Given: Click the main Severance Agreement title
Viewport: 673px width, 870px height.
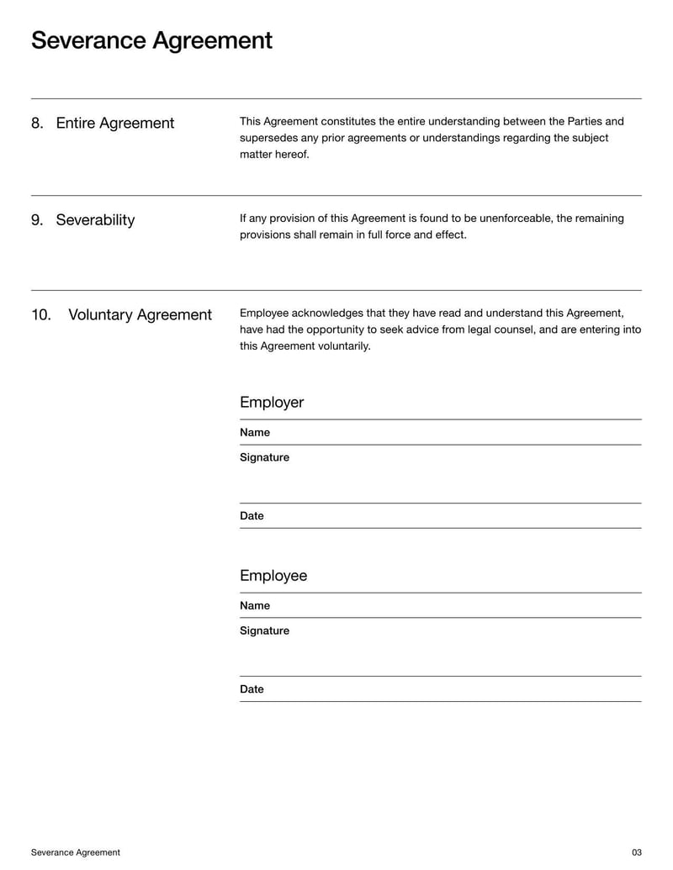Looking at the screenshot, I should [151, 40].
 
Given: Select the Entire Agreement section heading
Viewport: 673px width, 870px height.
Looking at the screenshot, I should [114, 124].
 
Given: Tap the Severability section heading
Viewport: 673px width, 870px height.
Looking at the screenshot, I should [95, 220].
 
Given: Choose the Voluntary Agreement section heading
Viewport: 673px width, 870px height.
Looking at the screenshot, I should [140, 315].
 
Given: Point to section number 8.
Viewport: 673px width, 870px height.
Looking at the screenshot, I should [37, 124].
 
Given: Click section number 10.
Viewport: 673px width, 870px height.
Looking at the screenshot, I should [41, 315].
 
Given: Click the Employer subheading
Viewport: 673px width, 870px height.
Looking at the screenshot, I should [272, 403].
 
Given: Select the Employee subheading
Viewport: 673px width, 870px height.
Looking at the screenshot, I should [273, 576].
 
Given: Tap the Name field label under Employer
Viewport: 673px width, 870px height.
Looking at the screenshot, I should [255, 433].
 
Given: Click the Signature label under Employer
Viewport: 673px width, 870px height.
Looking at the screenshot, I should [264, 458].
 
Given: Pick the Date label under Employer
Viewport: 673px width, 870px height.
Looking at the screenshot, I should [252, 516].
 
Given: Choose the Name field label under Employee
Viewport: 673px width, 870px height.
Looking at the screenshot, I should [255, 606].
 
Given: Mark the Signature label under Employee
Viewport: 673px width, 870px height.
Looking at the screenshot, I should [264, 631].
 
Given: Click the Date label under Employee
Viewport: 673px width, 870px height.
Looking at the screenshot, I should [252, 689].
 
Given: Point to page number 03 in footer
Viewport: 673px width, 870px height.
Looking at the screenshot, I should [636, 852].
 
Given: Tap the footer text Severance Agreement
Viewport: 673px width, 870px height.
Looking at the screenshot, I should [76, 852].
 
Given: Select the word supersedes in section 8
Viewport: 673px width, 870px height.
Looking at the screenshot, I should [267, 138].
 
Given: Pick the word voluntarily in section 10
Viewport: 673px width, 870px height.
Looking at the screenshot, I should [343, 346].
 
